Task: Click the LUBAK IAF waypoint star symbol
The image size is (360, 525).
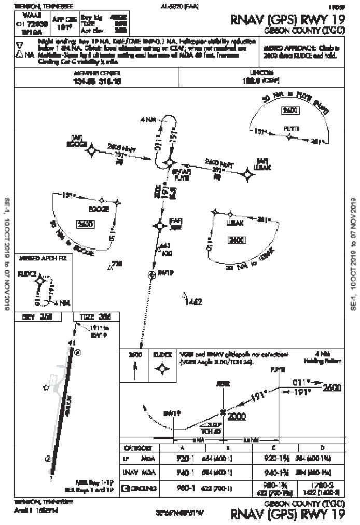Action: click(x=248, y=176)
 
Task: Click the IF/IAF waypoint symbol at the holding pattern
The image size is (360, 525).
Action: click(x=169, y=163)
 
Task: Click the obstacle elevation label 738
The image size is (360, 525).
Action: click(x=117, y=264)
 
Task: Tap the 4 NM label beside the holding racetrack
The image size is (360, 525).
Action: click(x=148, y=120)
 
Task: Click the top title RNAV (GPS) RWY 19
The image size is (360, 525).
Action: click(x=288, y=19)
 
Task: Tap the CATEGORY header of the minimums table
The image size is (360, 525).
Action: click(x=137, y=448)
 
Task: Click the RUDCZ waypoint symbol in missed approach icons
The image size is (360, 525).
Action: click(x=162, y=368)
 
